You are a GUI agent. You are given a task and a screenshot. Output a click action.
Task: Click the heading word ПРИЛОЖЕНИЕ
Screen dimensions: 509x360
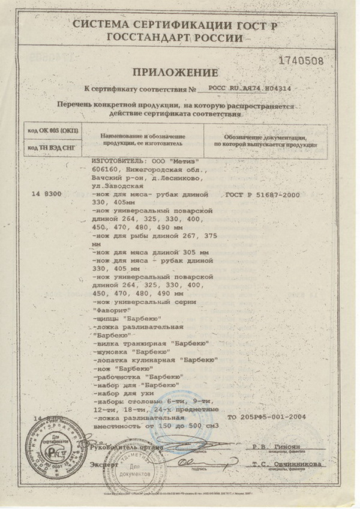[175, 73]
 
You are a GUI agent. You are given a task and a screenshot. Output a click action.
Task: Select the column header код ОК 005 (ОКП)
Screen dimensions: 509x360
[53, 131]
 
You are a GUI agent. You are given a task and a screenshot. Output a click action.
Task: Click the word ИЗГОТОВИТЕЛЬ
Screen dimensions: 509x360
[116, 161]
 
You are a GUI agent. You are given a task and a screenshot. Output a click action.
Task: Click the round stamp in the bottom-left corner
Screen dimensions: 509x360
[41, 446]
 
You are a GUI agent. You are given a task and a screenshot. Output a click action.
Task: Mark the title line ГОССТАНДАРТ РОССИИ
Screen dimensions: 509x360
[175, 37]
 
